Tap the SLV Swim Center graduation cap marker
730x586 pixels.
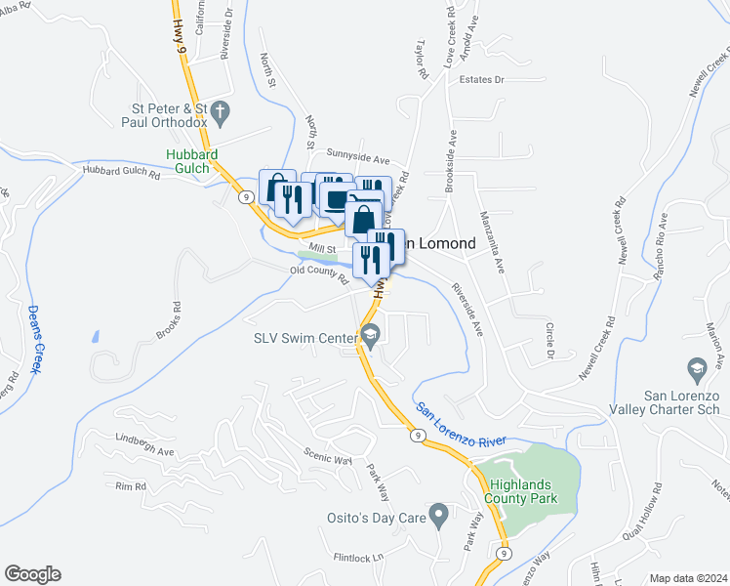(370, 338)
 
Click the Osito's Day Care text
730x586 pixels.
(376, 517)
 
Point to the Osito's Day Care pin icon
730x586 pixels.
(438, 513)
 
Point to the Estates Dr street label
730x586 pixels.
(480, 79)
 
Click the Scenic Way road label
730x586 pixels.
(328, 458)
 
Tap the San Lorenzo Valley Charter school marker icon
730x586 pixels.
(697, 369)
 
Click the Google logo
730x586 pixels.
(32, 574)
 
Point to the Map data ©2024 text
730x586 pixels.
(688, 578)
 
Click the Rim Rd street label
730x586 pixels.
(130, 485)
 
